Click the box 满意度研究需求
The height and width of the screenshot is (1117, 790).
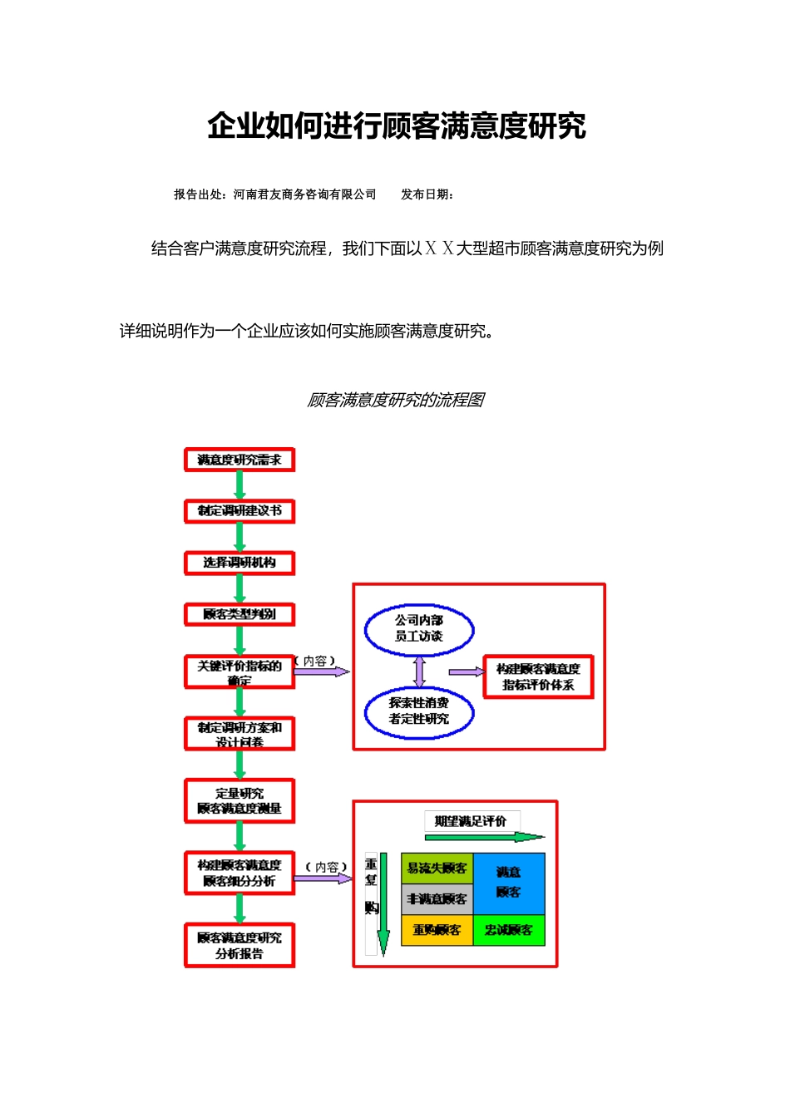pos(239,460)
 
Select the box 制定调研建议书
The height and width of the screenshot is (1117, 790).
pos(239,511)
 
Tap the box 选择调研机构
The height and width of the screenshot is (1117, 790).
pos(239,563)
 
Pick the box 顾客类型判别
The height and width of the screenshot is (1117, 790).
pos(239,615)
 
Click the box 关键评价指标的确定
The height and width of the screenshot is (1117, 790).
pos(239,672)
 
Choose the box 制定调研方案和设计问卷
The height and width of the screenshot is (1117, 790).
pos(239,734)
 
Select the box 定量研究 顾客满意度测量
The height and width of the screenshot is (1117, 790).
pos(239,801)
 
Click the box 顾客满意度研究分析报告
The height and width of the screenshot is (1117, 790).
pos(239,946)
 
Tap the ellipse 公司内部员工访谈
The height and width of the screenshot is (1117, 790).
pos(419,629)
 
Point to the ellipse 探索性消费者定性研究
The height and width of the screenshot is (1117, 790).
pos(419,711)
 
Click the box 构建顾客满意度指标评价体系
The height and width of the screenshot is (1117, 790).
pos(538,677)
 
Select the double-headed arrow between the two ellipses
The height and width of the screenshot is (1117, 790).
pos(419,671)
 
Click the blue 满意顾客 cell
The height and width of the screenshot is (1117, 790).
pos(509,883)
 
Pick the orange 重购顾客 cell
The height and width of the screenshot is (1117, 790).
pos(437,930)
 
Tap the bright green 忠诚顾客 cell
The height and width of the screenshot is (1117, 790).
pos(509,930)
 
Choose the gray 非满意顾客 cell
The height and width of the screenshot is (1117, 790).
pos(437,899)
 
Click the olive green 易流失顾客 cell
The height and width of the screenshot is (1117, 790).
pos(437,869)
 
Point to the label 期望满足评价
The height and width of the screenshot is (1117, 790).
pos(471,821)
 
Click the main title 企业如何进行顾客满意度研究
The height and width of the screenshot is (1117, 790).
pos(397,126)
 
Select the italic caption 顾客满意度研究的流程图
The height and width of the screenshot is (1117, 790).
pos(396,401)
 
